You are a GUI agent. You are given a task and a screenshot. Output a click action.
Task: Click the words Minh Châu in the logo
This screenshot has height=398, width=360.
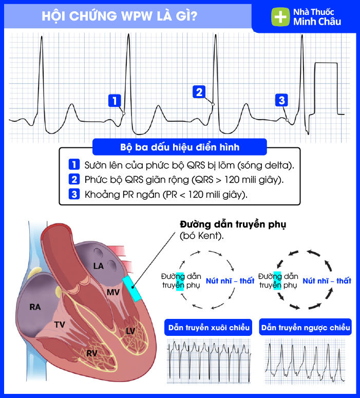[317, 22]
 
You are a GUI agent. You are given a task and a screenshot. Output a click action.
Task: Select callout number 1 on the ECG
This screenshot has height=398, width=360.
[115, 100]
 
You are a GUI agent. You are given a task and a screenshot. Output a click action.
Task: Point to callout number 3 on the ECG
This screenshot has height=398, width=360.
[281, 100]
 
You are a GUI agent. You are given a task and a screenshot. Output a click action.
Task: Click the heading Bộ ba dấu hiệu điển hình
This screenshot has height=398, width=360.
[179, 147]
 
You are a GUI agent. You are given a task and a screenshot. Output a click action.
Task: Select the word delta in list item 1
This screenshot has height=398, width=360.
[277, 165]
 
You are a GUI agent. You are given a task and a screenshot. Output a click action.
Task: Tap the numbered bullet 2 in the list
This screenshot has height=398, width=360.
[74, 180]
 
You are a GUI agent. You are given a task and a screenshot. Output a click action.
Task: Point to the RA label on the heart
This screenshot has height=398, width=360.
[35, 307]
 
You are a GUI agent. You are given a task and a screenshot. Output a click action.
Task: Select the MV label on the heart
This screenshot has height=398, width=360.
[113, 292]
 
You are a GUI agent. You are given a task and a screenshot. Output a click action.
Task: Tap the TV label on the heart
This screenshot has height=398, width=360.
[60, 325]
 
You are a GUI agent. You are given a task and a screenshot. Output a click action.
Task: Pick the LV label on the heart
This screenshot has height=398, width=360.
[130, 331]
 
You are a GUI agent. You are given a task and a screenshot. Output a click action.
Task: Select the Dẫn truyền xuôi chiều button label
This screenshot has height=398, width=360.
[209, 327]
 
